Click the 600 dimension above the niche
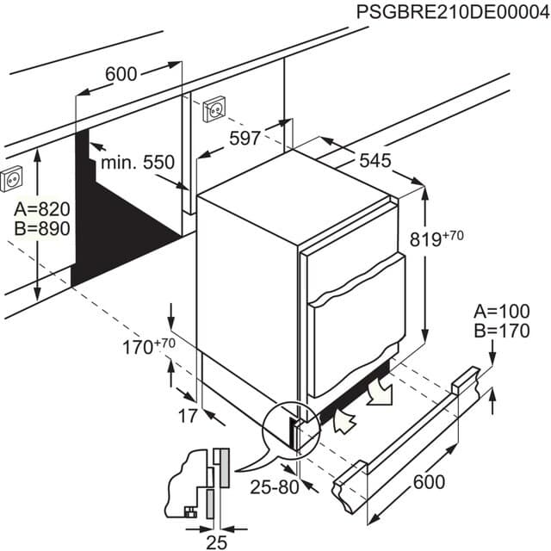click(121, 75)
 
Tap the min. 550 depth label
click(137, 162)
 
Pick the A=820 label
click(41, 210)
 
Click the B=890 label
click(41, 229)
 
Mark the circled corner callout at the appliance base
click(287, 427)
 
